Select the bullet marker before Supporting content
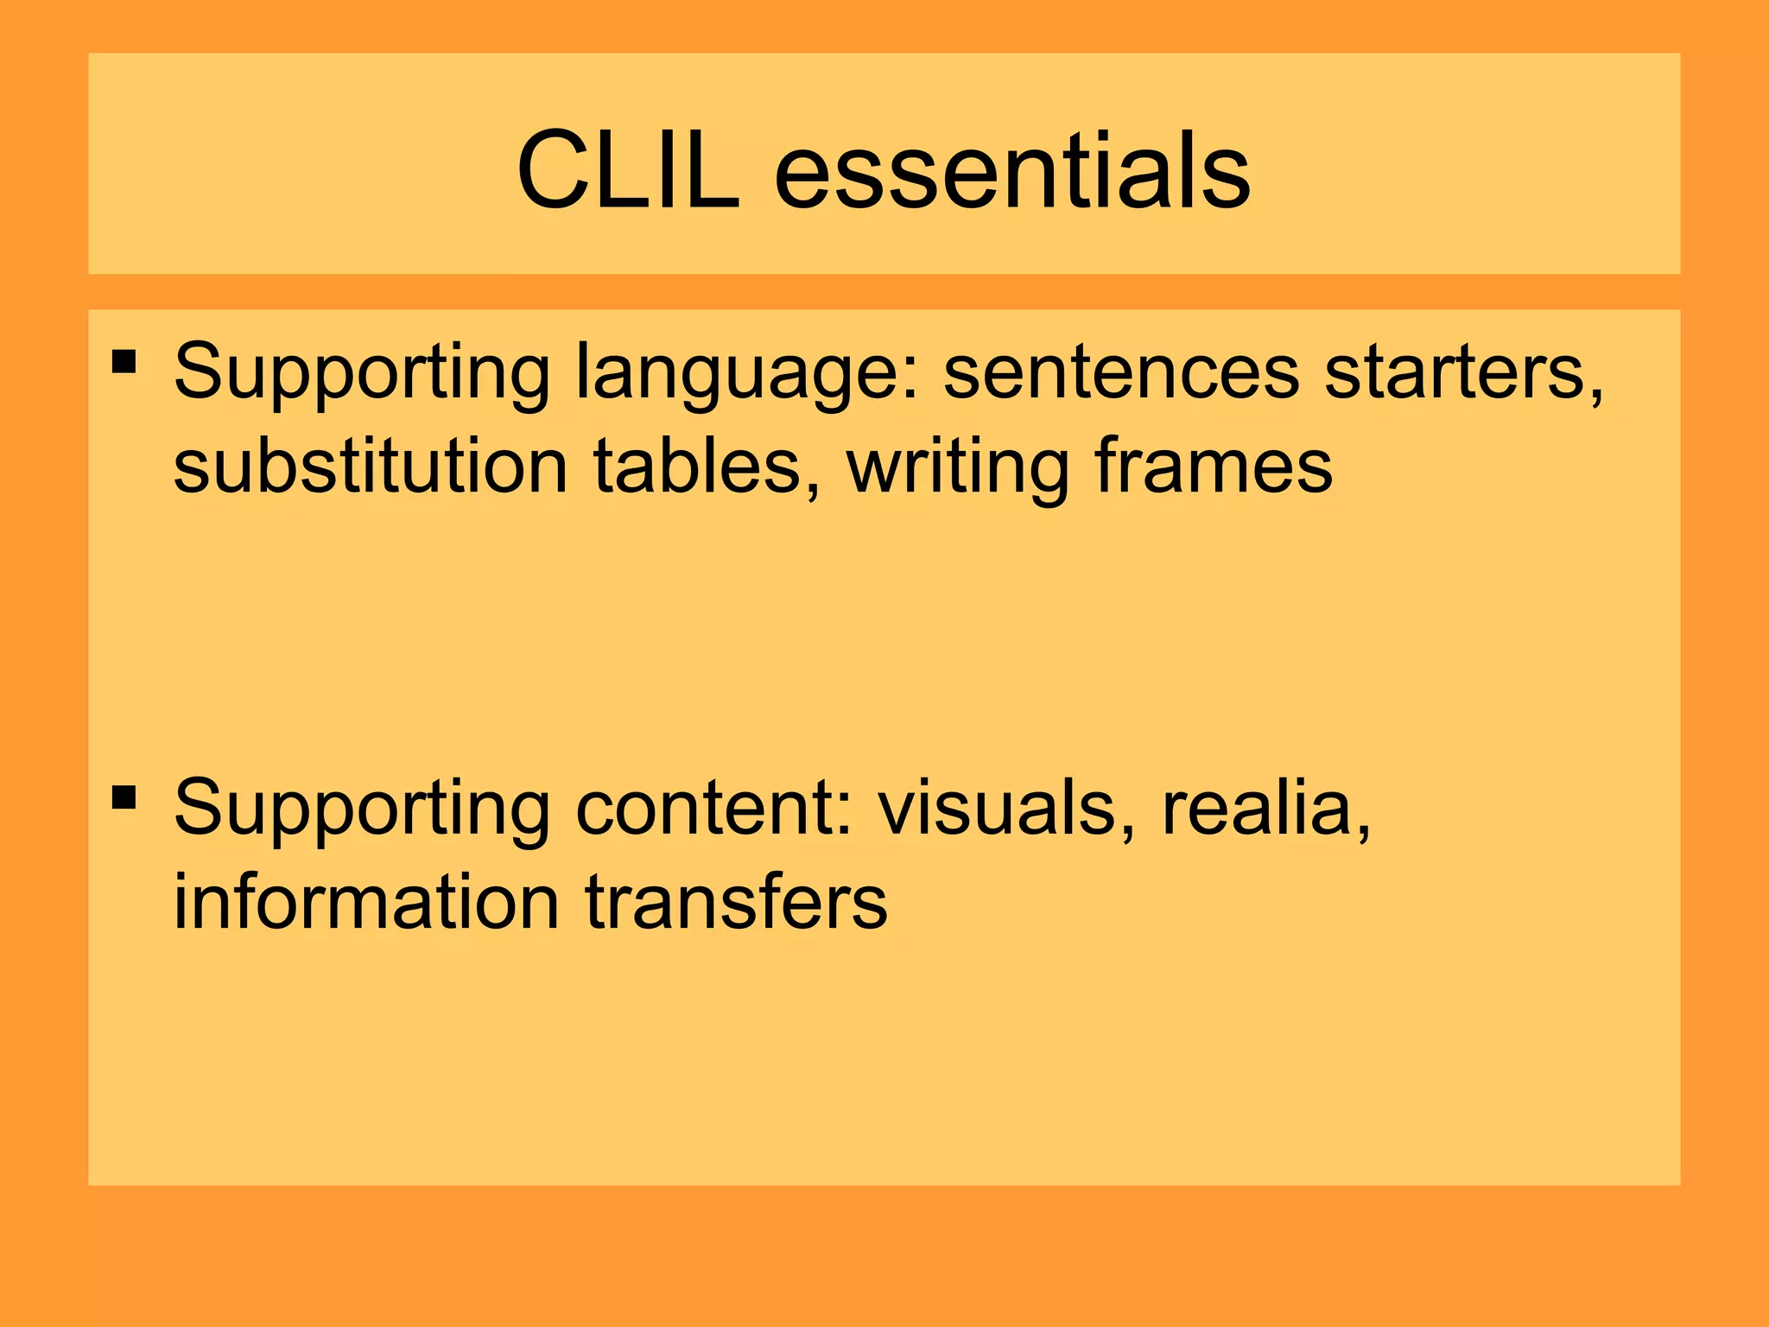[124, 797]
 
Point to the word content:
[713, 809]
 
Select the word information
[366, 902]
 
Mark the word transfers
[736, 902]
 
